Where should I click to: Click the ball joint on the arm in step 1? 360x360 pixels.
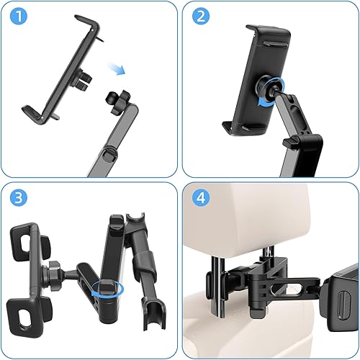114,97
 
